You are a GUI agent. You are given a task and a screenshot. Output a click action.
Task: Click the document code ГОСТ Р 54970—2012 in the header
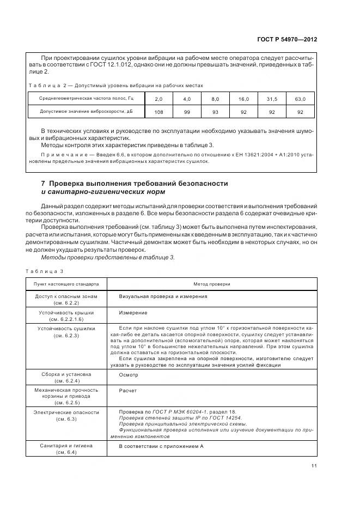pyautogui.click(x=288, y=40)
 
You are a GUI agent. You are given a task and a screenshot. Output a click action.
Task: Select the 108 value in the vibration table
pyautogui.click(x=158, y=112)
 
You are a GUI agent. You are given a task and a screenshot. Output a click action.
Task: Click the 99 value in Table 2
pyautogui.click(x=186, y=112)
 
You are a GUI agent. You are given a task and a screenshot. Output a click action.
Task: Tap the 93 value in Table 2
pyautogui.click(x=215, y=112)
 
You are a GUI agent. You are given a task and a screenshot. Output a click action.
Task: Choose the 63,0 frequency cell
pyautogui.click(x=300, y=99)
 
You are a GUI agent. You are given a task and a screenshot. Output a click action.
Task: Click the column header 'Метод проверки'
pyautogui.click(x=212, y=284)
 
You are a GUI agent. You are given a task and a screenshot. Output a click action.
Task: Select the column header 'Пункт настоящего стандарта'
pyautogui.click(x=66, y=284)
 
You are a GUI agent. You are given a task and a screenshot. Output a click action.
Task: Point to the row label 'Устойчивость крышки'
pyautogui.click(x=66, y=313)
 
